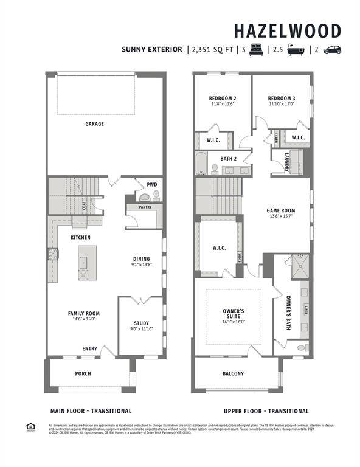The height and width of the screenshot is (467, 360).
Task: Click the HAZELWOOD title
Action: click(288, 31)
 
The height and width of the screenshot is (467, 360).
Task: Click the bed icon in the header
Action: click(255, 50)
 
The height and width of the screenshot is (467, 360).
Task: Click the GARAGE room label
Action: click(94, 124)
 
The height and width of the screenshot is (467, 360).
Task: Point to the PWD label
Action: click(151, 185)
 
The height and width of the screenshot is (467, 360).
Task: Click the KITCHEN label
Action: click(81, 237)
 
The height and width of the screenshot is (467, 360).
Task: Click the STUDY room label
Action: click(141, 323)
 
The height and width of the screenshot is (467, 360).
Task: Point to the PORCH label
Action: click(83, 373)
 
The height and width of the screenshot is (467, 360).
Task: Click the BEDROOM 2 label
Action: click(222, 98)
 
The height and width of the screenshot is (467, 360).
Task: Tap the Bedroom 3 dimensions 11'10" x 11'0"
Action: click(281, 104)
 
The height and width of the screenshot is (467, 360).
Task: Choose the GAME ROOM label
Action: click(281, 211)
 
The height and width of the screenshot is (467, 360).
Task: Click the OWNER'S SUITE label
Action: click(233, 314)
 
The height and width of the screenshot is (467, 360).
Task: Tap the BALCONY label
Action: click(233, 373)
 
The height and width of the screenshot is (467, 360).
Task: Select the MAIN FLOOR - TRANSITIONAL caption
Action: click(91, 411)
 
